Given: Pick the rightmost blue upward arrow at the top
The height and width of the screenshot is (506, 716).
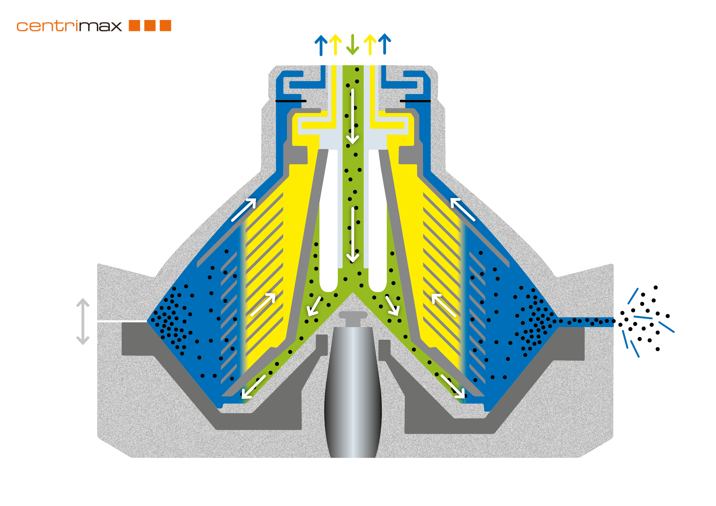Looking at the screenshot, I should pos(385,44).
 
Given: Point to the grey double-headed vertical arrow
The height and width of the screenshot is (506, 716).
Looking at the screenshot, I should pos(83,321).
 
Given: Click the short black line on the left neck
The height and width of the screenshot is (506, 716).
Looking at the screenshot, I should pos(291,101).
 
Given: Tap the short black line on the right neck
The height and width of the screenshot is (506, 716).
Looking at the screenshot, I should pos(415,101).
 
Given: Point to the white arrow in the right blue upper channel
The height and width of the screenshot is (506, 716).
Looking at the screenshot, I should pos(463,209).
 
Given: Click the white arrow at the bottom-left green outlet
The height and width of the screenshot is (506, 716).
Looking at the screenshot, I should pos(253,387).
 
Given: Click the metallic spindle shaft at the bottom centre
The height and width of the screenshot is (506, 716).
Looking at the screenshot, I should pos(353,396).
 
